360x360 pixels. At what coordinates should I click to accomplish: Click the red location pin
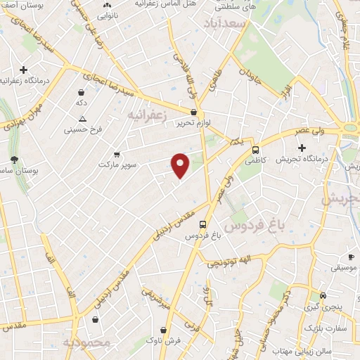181,165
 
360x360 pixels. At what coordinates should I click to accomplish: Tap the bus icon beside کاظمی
255,150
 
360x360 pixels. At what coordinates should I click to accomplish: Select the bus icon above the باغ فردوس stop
203,225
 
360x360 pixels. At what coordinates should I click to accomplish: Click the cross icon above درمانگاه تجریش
302,148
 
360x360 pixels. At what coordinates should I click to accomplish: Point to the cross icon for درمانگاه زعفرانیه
24,70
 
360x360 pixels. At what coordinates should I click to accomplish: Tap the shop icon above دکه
82,92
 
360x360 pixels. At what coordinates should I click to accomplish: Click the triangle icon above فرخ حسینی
83,119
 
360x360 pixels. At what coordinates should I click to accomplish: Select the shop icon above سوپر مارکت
117,154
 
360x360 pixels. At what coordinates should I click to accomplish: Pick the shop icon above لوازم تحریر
193,112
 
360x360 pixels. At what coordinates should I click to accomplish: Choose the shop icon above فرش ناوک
163,329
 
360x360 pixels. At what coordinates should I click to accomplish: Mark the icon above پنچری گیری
323,296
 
